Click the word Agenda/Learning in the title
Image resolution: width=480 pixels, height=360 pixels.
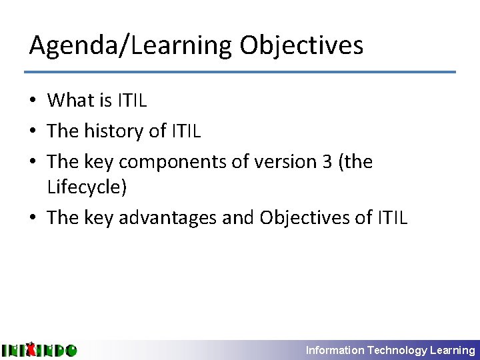coord(131,46)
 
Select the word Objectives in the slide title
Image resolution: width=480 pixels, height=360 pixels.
coord(301,46)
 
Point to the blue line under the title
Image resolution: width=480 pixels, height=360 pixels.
coord(240,72)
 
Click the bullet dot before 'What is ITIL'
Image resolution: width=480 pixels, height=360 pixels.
coord(33,101)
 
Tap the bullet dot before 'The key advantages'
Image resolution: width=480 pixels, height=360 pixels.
coord(33,219)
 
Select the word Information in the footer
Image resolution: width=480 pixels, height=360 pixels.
coord(335,350)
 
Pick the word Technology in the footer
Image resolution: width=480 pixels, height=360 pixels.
coord(397,350)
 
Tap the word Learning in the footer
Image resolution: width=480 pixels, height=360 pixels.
coord(453,350)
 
